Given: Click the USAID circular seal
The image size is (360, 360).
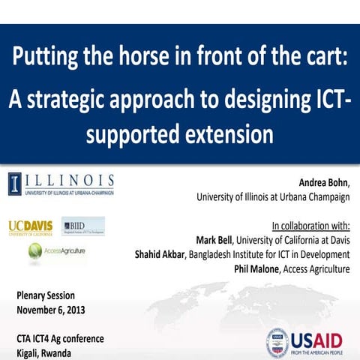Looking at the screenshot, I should click(x=277, y=342).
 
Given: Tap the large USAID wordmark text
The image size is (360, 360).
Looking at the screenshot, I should click(x=321, y=337).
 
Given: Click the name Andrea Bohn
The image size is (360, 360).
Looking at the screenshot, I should click(x=322, y=183).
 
